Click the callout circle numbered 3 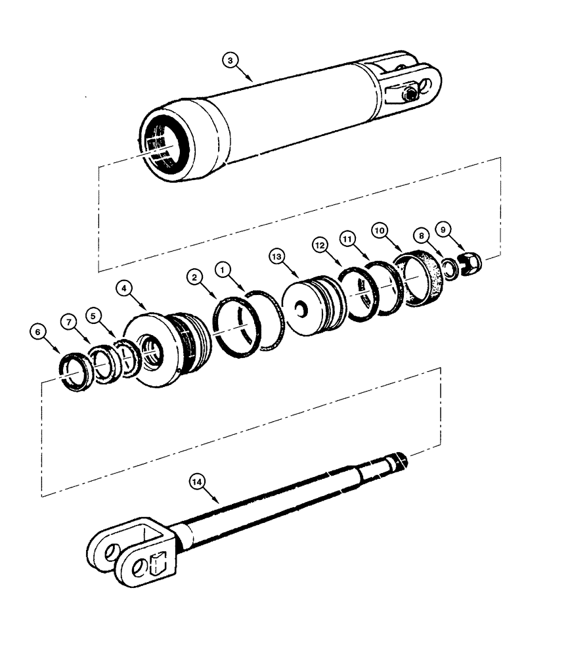pyautogui.click(x=229, y=60)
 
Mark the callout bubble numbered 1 pyautogui.click(x=224, y=269)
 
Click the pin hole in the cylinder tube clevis pyautogui.click(x=430, y=85)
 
